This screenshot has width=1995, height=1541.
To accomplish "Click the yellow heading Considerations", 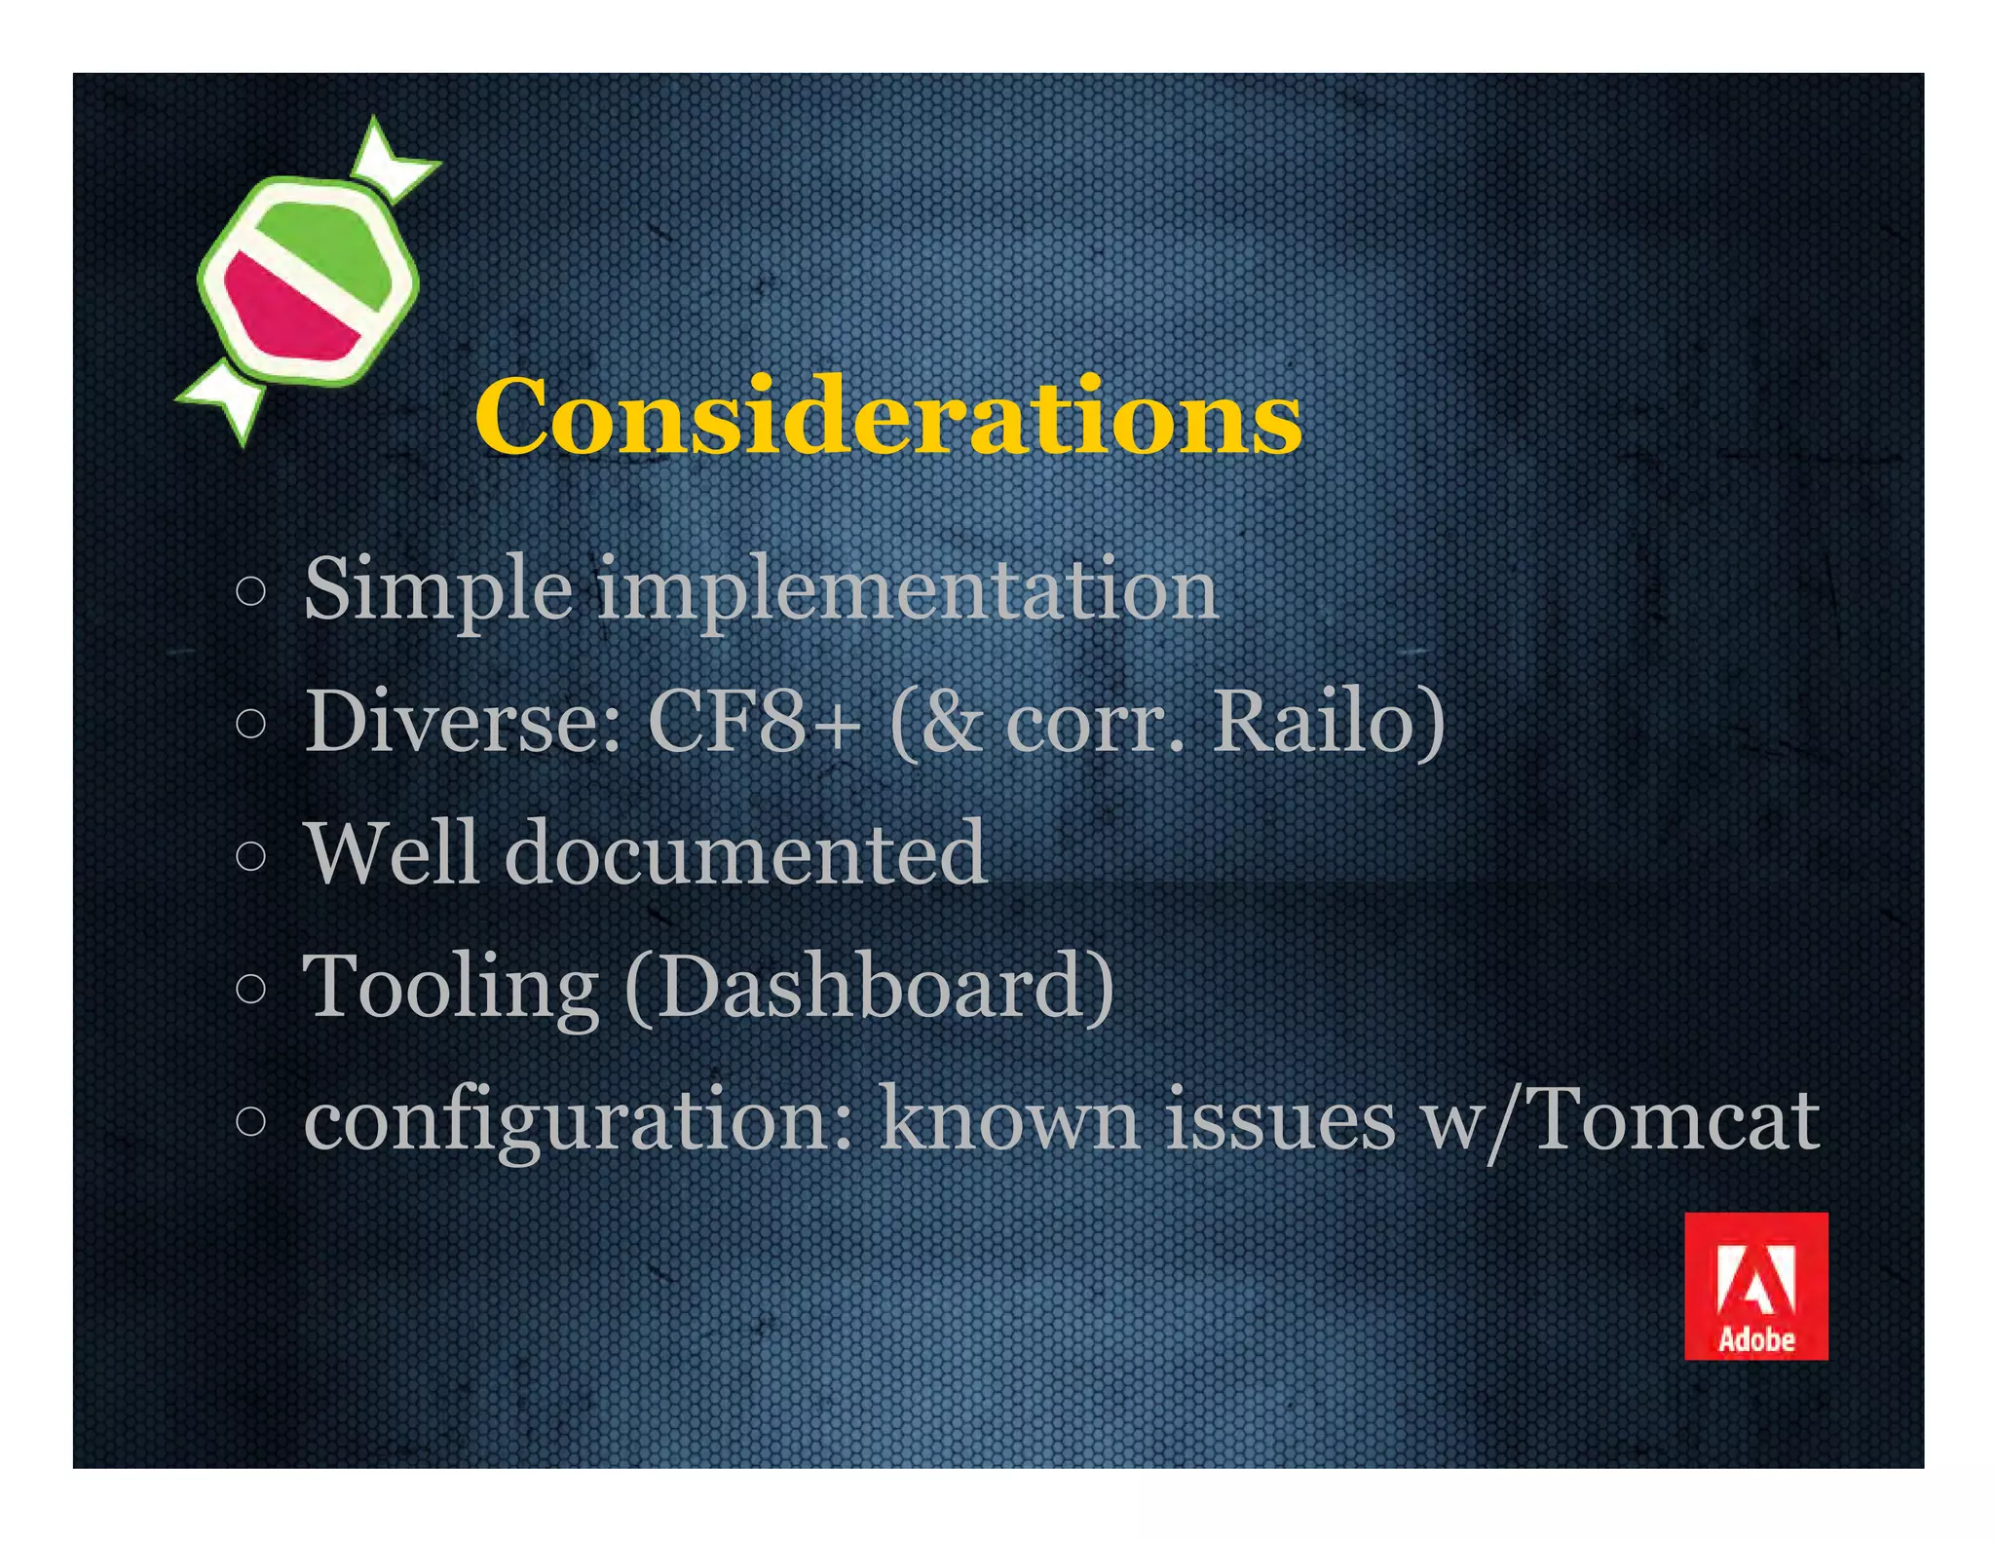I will click(x=887, y=418).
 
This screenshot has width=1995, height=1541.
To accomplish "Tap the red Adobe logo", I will click(x=1755, y=1285).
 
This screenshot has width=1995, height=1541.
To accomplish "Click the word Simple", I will click(x=437, y=590).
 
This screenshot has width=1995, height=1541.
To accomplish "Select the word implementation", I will click(x=907, y=590).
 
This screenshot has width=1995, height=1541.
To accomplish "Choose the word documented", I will click(x=745, y=854).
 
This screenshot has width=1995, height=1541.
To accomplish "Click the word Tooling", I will click(x=450, y=988).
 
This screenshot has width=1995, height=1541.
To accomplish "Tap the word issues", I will click(x=1280, y=1120).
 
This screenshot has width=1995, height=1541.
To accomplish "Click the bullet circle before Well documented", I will click(x=251, y=856).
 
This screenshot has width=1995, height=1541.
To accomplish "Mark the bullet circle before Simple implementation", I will click(x=251, y=591).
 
